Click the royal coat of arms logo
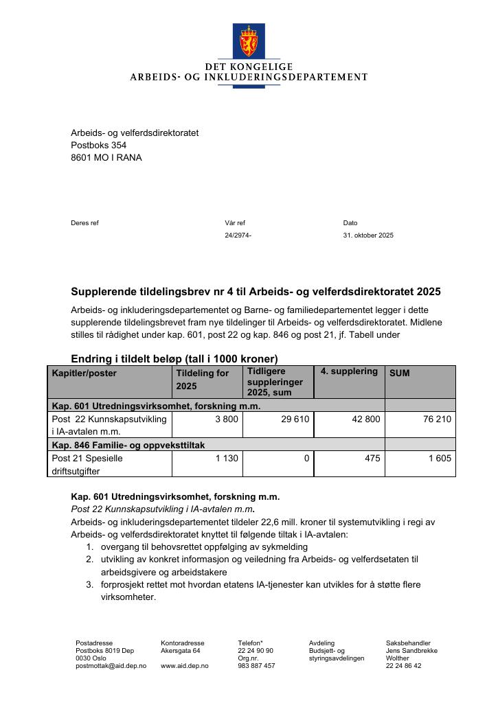[249, 41]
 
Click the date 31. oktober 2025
[368, 235]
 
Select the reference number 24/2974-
[238, 235]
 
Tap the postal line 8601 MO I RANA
[106, 158]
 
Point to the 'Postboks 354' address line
[98, 146]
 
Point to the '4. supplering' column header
[349, 371]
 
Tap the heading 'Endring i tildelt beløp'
[174, 358]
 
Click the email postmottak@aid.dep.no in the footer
[111, 666]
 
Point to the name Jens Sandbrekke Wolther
[411, 654]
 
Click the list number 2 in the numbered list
[89, 560]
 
